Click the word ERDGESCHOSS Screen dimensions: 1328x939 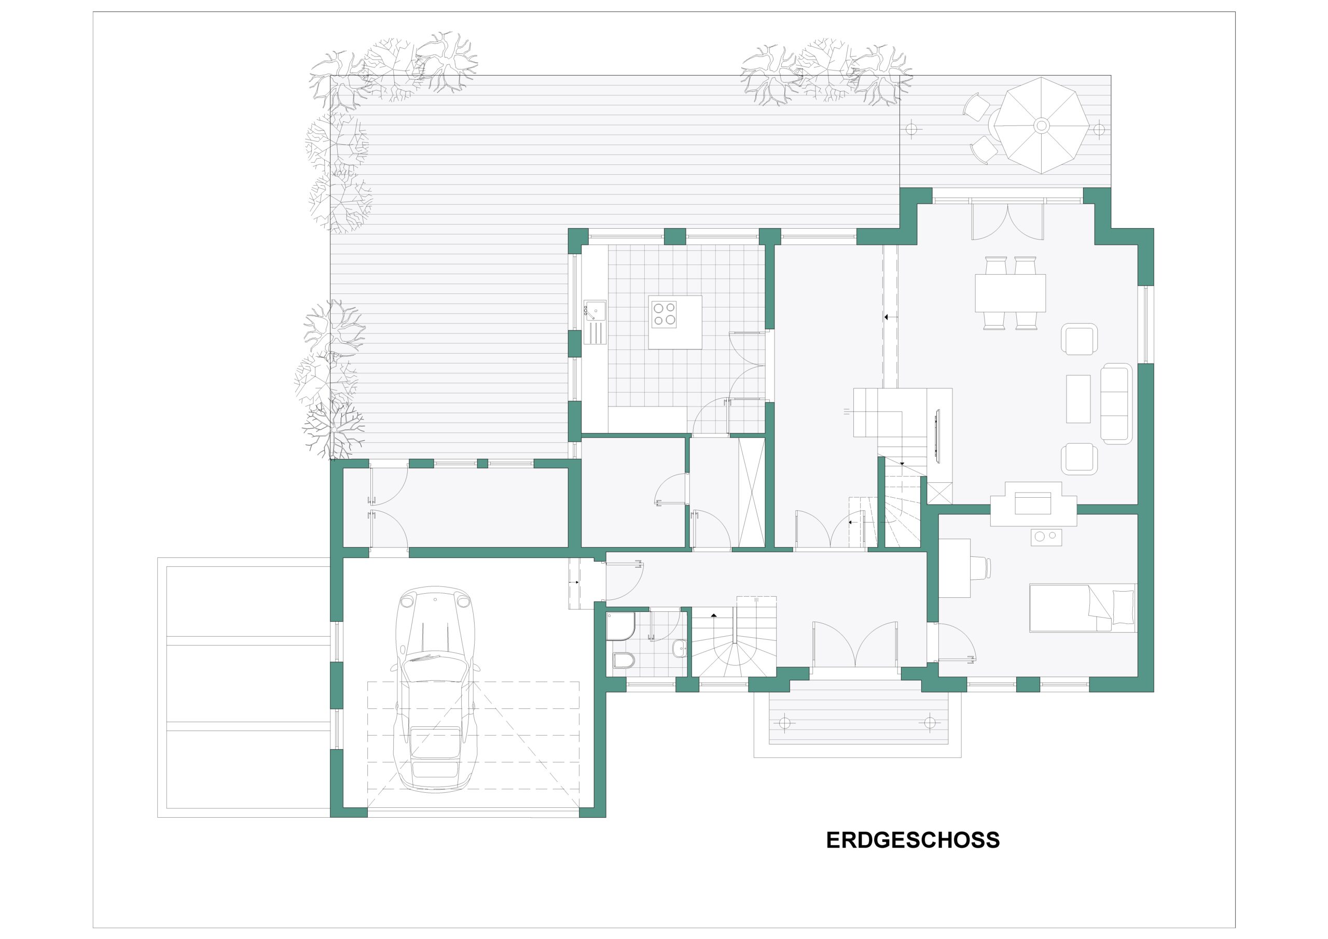tap(912, 840)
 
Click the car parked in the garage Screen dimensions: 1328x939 tap(436, 689)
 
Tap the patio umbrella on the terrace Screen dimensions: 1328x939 tap(1041, 125)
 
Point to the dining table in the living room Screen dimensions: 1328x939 tap(1010, 292)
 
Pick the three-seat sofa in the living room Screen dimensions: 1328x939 tap(1116, 403)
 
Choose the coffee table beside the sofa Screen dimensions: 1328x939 tap(1078, 398)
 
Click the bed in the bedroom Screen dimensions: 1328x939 tap(1082, 608)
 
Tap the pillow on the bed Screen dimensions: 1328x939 tap(1123, 607)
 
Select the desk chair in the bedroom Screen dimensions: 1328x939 tap(980, 568)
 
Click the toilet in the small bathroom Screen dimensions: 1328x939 tap(624, 660)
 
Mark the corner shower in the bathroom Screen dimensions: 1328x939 tap(620, 627)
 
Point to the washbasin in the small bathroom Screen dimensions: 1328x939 tap(680, 648)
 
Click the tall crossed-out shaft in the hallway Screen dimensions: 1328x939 tap(752, 492)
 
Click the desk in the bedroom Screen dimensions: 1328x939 tap(955, 568)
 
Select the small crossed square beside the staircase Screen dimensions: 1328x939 tap(939, 491)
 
